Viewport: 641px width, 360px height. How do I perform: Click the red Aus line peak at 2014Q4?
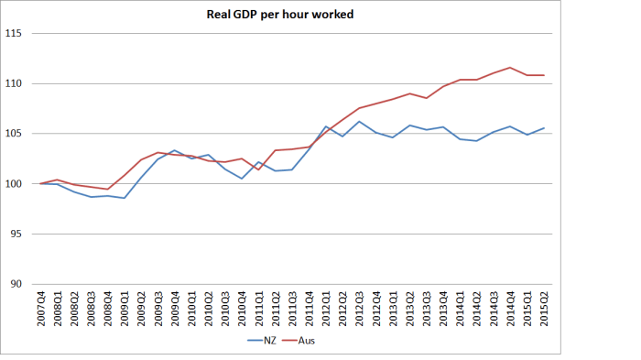click(510, 68)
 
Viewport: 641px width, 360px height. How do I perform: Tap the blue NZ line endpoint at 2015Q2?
click(543, 128)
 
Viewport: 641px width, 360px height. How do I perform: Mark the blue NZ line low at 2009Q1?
click(125, 198)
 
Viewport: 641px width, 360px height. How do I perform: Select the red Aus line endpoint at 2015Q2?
click(543, 75)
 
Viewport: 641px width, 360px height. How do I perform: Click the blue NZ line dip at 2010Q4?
click(242, 179)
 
